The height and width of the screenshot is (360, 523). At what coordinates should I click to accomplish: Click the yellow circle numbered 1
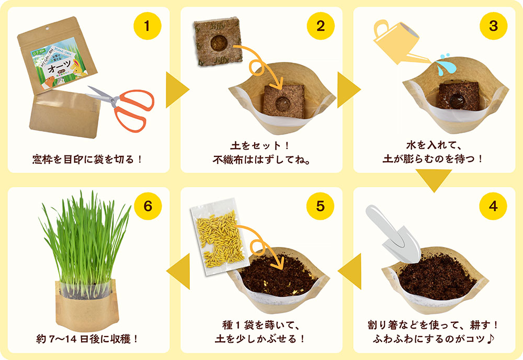pyautogui.click(x=148, y=26)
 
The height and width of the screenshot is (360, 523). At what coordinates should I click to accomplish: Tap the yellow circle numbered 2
pyautogui.click(x=321, y=26)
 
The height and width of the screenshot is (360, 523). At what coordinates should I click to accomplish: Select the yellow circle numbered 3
pyautogui.click(x=493, y=26)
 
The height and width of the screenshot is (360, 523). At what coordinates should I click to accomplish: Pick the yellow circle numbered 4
pyautogui.click(x=493, y=206)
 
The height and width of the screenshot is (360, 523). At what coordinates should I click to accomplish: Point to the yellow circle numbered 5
pyautogui.click(x=321, y=206)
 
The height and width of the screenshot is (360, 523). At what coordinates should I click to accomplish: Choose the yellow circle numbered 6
pyautogui.click(x=148, y=206)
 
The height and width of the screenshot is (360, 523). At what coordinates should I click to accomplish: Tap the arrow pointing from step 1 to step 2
pyautogui.click(x=177, y=90)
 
